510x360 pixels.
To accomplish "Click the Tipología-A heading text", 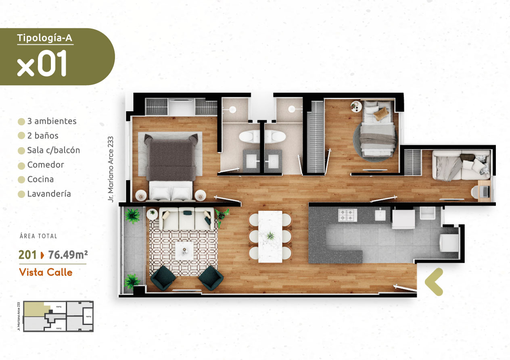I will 45,38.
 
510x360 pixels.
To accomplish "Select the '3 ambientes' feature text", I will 52,121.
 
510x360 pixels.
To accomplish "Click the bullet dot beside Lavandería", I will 21,194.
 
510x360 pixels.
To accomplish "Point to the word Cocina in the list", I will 40,179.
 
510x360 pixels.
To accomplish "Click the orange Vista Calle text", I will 46,272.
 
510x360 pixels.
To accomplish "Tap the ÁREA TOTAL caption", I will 38,236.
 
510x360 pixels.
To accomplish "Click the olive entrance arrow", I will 434,282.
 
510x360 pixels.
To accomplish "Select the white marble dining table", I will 270,236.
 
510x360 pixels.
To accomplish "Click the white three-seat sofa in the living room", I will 186,218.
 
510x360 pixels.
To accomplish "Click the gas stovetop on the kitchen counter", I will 348,215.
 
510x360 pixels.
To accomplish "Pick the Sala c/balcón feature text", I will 54,150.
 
